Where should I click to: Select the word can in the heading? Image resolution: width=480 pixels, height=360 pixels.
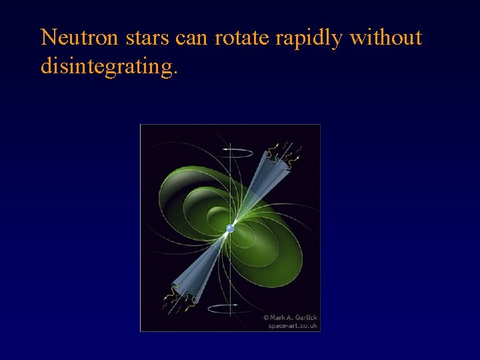click(192, 38)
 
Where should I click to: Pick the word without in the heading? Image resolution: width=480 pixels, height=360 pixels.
click(386, 38)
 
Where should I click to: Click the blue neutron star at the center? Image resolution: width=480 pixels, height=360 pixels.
click(230, 229)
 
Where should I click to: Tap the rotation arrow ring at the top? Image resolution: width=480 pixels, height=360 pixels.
click(231, 152)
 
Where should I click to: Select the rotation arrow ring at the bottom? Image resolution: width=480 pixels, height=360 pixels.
click(231, 308)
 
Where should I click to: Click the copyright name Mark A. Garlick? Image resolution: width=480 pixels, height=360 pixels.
click(294, 317)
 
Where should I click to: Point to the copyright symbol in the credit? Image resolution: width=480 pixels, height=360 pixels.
click(266, 317)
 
